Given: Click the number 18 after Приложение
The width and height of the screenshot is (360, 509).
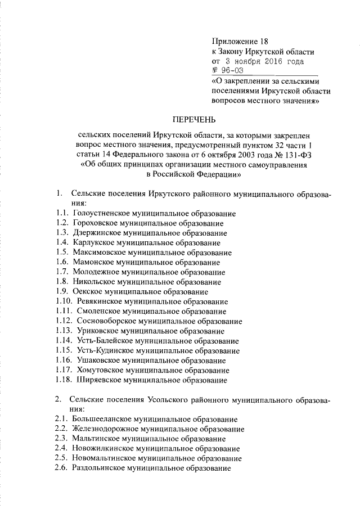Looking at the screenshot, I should (x=264, y=41).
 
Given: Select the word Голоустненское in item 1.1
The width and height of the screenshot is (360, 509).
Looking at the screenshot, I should (x=101, y=214).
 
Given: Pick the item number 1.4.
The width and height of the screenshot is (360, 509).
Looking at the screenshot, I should (x=62, y=243).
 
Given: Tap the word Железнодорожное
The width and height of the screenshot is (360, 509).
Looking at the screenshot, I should (x=104, y=429).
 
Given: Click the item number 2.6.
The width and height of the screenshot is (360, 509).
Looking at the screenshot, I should (x=62, y=468).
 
